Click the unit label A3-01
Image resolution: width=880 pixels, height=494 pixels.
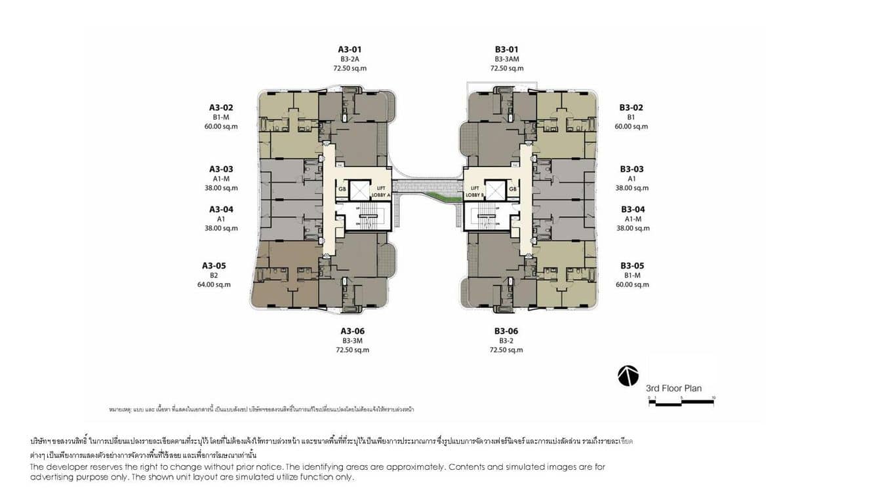point(350,49)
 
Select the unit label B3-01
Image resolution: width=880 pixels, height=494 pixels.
point(506,49)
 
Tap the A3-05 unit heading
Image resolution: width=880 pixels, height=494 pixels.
point(213,265)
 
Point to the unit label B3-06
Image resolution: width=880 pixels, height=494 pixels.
point(506,331)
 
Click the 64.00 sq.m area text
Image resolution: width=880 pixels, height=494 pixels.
point(213,284)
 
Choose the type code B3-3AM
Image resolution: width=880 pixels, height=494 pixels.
point(506,59)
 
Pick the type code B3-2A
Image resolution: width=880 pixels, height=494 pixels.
point(350,59)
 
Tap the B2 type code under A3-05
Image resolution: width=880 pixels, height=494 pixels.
point(213,275)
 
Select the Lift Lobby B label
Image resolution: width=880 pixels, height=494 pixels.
point(474,191)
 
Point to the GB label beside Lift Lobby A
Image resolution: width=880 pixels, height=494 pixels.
point(342,189)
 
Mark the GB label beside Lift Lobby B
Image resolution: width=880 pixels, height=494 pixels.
point(513,189)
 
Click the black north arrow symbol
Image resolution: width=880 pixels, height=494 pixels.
point(628,375)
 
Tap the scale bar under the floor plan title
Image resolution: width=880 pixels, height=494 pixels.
point(681,402)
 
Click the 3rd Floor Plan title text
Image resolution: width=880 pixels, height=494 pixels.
point(673,388)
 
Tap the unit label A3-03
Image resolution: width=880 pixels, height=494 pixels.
point(221,169)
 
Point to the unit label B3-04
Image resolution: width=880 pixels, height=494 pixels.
point(633,210)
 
